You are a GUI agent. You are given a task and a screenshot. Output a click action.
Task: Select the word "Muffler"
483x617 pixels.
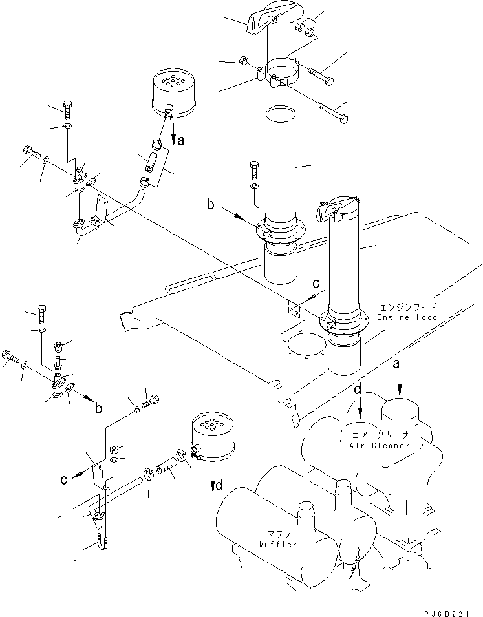[279, 545]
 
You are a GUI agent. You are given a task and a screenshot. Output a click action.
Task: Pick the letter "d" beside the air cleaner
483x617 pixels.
[358, 390]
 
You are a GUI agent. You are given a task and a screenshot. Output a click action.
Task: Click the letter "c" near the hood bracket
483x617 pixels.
[316, 284]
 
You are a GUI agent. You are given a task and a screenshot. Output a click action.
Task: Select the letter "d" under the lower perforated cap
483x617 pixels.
[219, 485]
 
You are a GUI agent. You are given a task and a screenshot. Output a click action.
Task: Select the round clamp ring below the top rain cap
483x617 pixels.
[283, 73]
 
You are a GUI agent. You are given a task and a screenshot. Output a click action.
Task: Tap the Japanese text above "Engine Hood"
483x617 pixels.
[408, 306]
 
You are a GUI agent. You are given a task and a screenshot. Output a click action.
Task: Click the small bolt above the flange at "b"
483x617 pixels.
[254, 169]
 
